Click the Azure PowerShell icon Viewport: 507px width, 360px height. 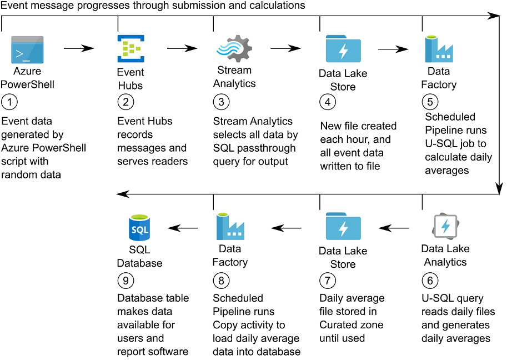click(27, 50)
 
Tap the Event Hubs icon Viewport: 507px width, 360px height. click(130, 49)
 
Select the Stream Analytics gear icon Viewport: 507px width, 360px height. click(233, 49)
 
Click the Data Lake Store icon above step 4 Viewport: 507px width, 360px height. click(343, 50)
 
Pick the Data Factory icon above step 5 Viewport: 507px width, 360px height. click(439, 49)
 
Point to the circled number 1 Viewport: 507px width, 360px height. click(9, 102)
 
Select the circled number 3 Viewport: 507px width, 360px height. click(222, 102)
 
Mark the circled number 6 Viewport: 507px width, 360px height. click(429, 279)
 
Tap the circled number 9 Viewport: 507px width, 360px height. click(125, 279)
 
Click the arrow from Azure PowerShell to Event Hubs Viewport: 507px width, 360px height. click(78, 49)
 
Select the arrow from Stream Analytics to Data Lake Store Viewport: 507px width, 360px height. click(285, 49)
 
